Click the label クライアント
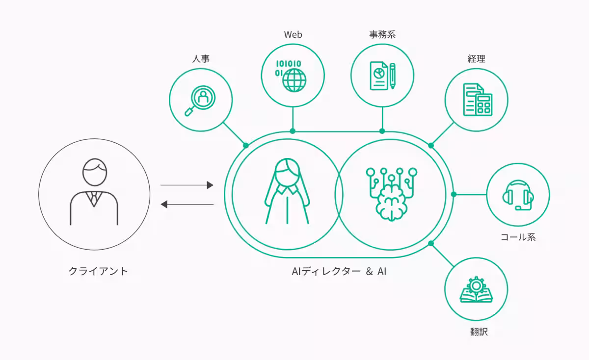98,271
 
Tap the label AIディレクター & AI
339,271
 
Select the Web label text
293,34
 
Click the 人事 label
201,59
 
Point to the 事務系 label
382,34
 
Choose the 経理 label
476,59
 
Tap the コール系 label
518,237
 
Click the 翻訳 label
476,332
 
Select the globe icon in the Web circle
294,79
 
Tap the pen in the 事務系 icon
393,76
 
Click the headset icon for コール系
518,195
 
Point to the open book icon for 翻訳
476,295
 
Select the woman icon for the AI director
287,191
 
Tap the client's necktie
94,198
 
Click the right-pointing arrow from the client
187,185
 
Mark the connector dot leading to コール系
454,195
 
